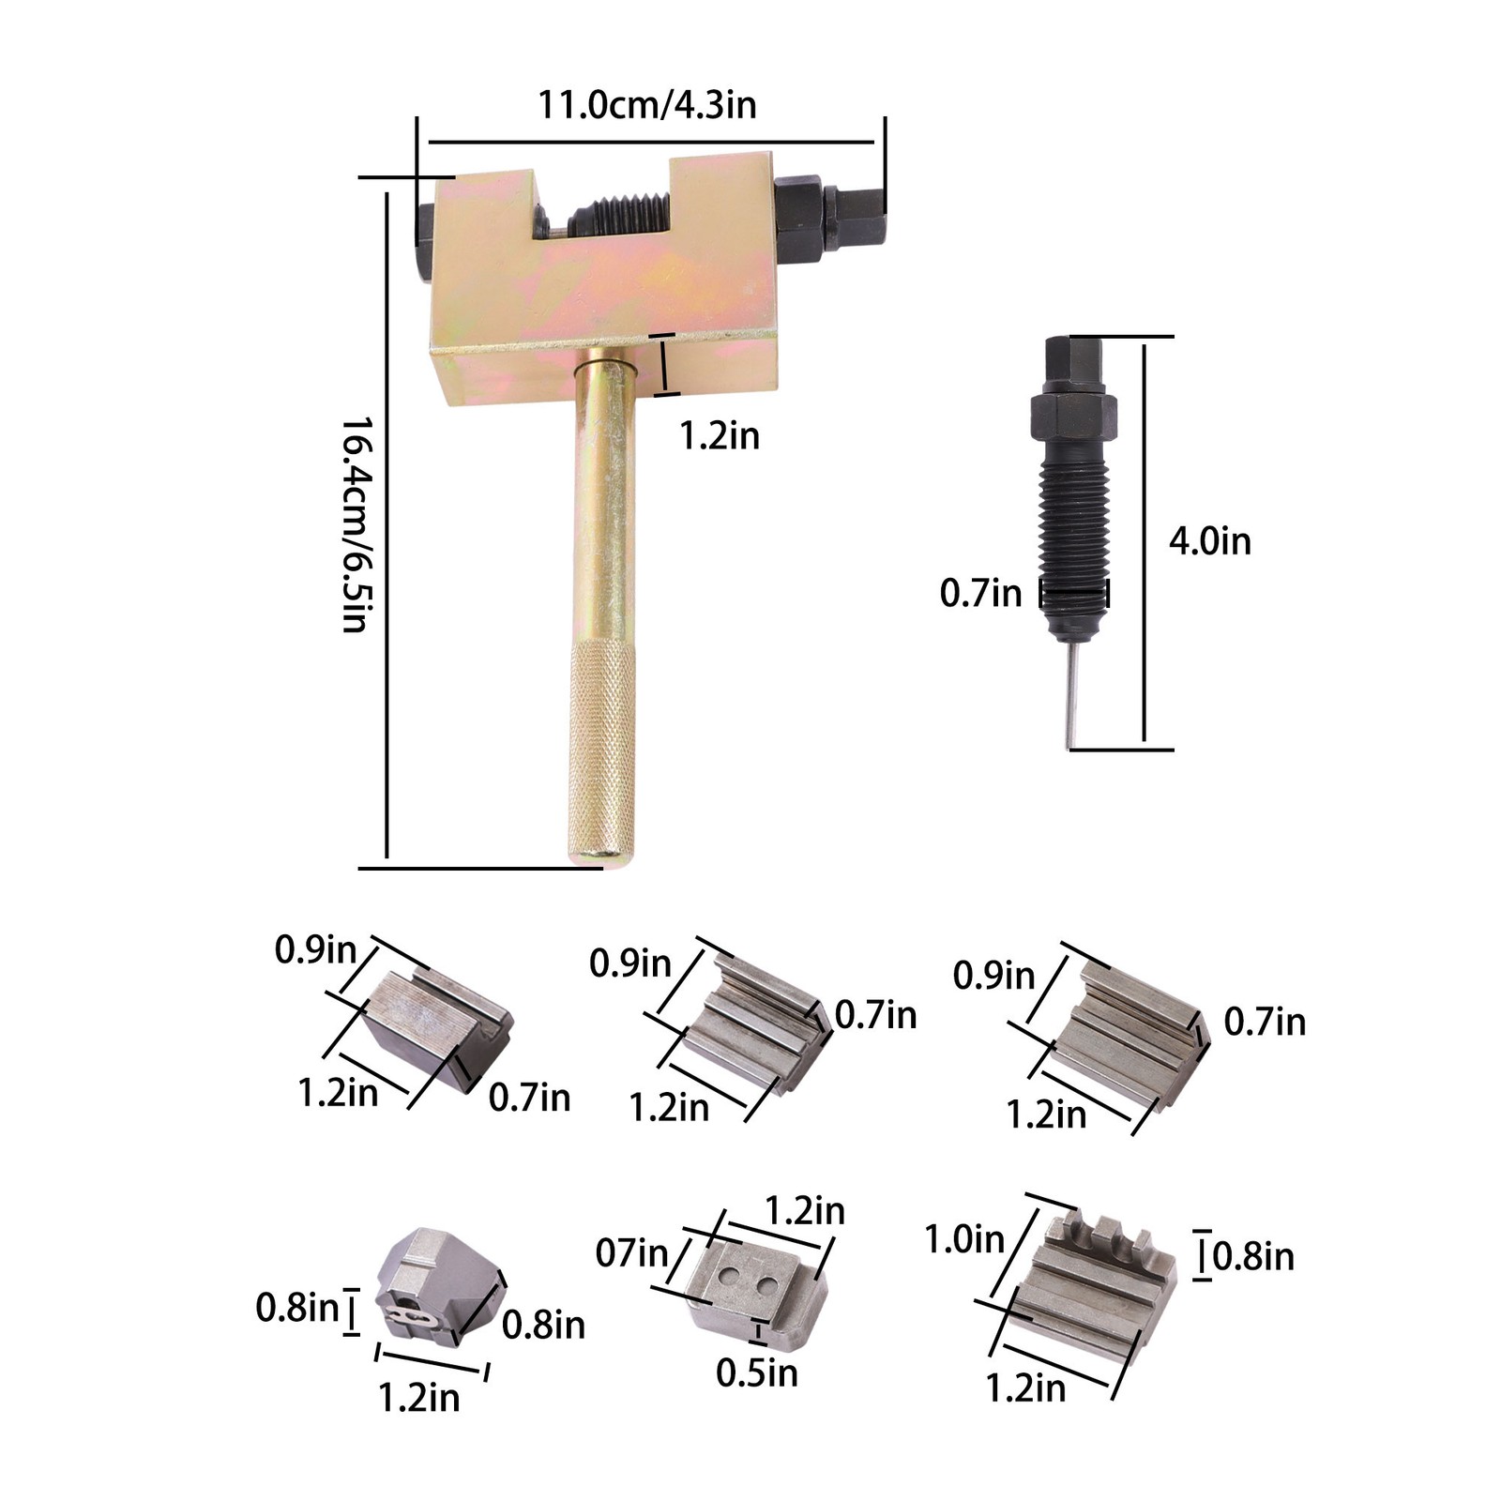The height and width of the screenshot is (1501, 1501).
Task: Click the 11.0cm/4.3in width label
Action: tap(646, 104)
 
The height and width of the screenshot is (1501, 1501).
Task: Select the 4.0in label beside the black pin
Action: tap(1209, 541)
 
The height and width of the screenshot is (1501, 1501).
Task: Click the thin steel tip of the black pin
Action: tap(1073, 695)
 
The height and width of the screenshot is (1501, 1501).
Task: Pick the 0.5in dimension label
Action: tap(757, 1373)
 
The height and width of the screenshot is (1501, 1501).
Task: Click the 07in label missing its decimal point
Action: tap(632, 1252)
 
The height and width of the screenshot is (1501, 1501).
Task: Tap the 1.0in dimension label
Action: tap(964, 1239)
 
